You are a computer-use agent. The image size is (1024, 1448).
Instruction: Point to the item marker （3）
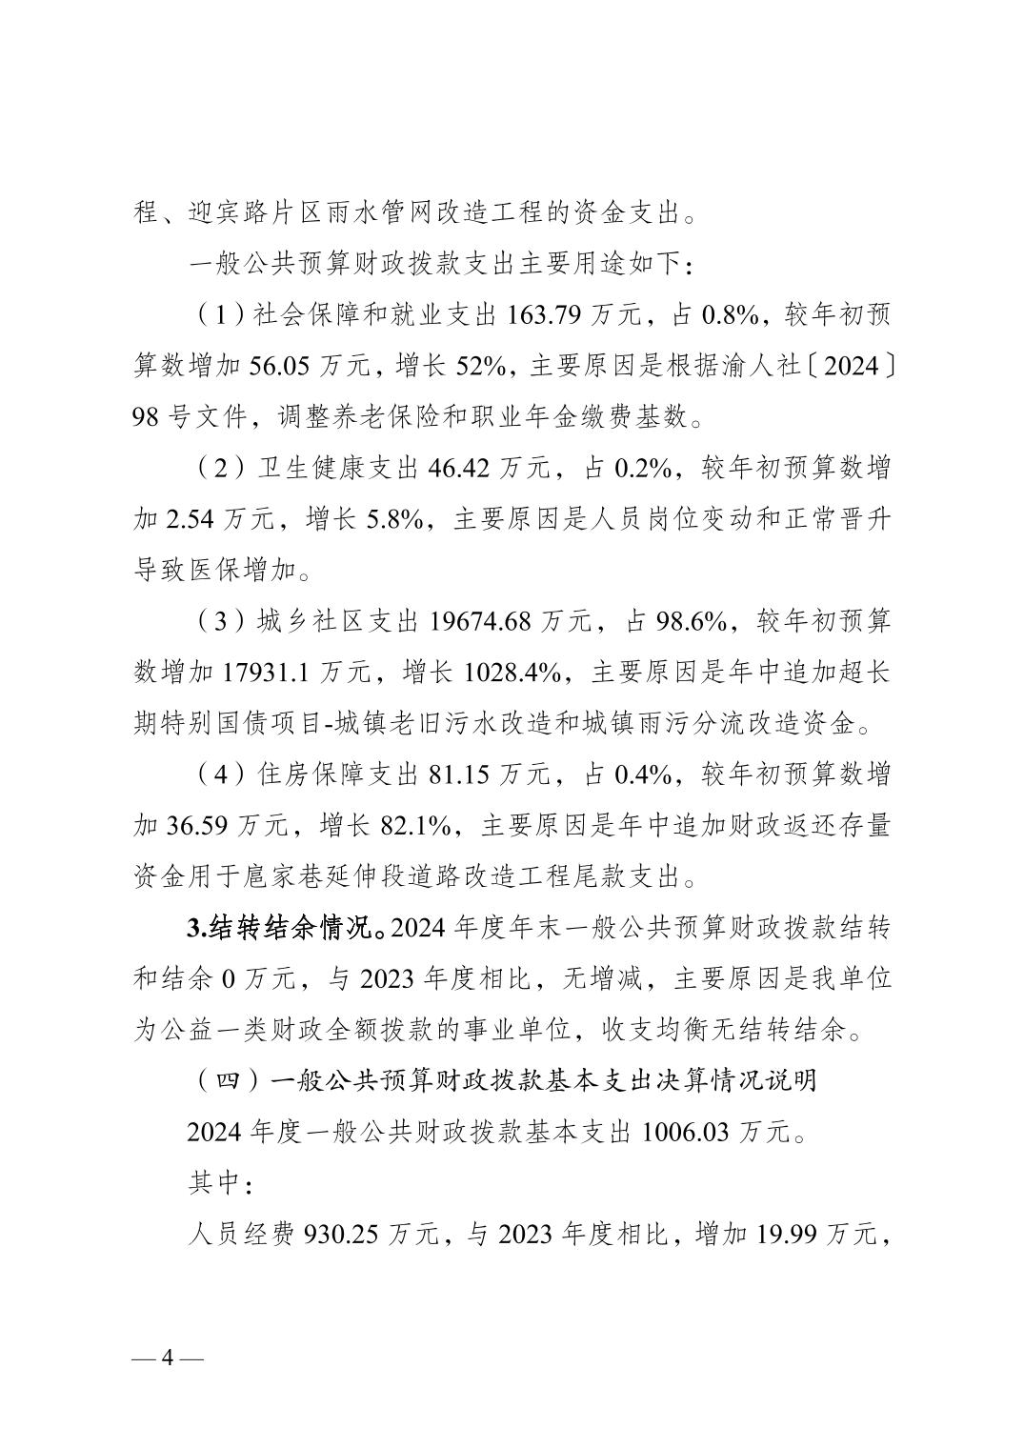point(214,623)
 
